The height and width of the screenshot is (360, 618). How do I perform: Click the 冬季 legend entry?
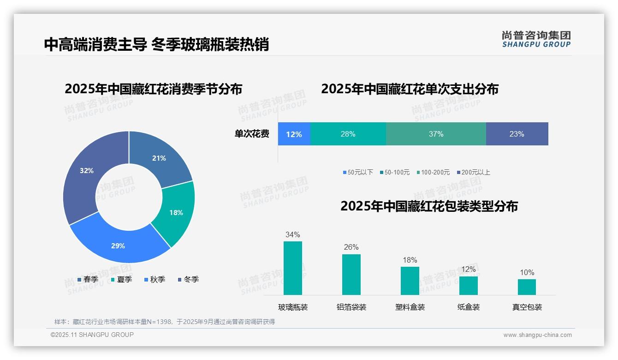click(188, 279)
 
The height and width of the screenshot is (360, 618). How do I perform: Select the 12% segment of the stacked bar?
click(294, 134)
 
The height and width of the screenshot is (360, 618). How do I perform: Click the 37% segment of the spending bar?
click(436, 134)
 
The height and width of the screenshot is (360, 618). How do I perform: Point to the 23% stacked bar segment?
click(517, 134)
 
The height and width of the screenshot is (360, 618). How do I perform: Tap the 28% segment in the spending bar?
click(348, 134)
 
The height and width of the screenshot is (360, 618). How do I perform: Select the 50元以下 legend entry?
click(358, 172)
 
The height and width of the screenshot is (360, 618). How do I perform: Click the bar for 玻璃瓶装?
click(293, 268)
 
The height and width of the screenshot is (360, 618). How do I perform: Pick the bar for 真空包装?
click(527, 287)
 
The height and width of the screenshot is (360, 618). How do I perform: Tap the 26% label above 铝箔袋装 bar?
click(351, 247)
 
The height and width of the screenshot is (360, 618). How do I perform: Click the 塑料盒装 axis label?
click(410, 307)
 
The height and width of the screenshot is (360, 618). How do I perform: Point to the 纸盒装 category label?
click(468, 307)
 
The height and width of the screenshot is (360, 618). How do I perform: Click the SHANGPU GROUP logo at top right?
click(536, 39)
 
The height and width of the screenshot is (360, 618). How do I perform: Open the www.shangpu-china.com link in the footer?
click(537, 335)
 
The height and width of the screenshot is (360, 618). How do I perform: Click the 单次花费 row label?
click(252, 134)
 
